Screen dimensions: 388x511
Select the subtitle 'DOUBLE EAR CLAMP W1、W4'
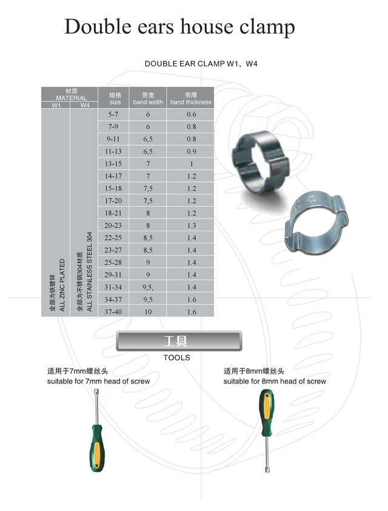(x=201, y=64)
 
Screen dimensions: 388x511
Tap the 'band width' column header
(x=148, y=102)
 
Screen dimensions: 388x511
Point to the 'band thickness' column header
(x=191, y=102)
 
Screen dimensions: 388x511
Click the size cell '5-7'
(x=113, y=114)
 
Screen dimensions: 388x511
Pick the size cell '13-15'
(x=113, y=164)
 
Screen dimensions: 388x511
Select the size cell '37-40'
(x=113, y=312)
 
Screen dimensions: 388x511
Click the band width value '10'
(x=148, y=312)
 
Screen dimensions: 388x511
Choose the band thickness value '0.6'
(x=192, y=114)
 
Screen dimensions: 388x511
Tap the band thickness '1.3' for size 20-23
(x=192, y=226)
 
